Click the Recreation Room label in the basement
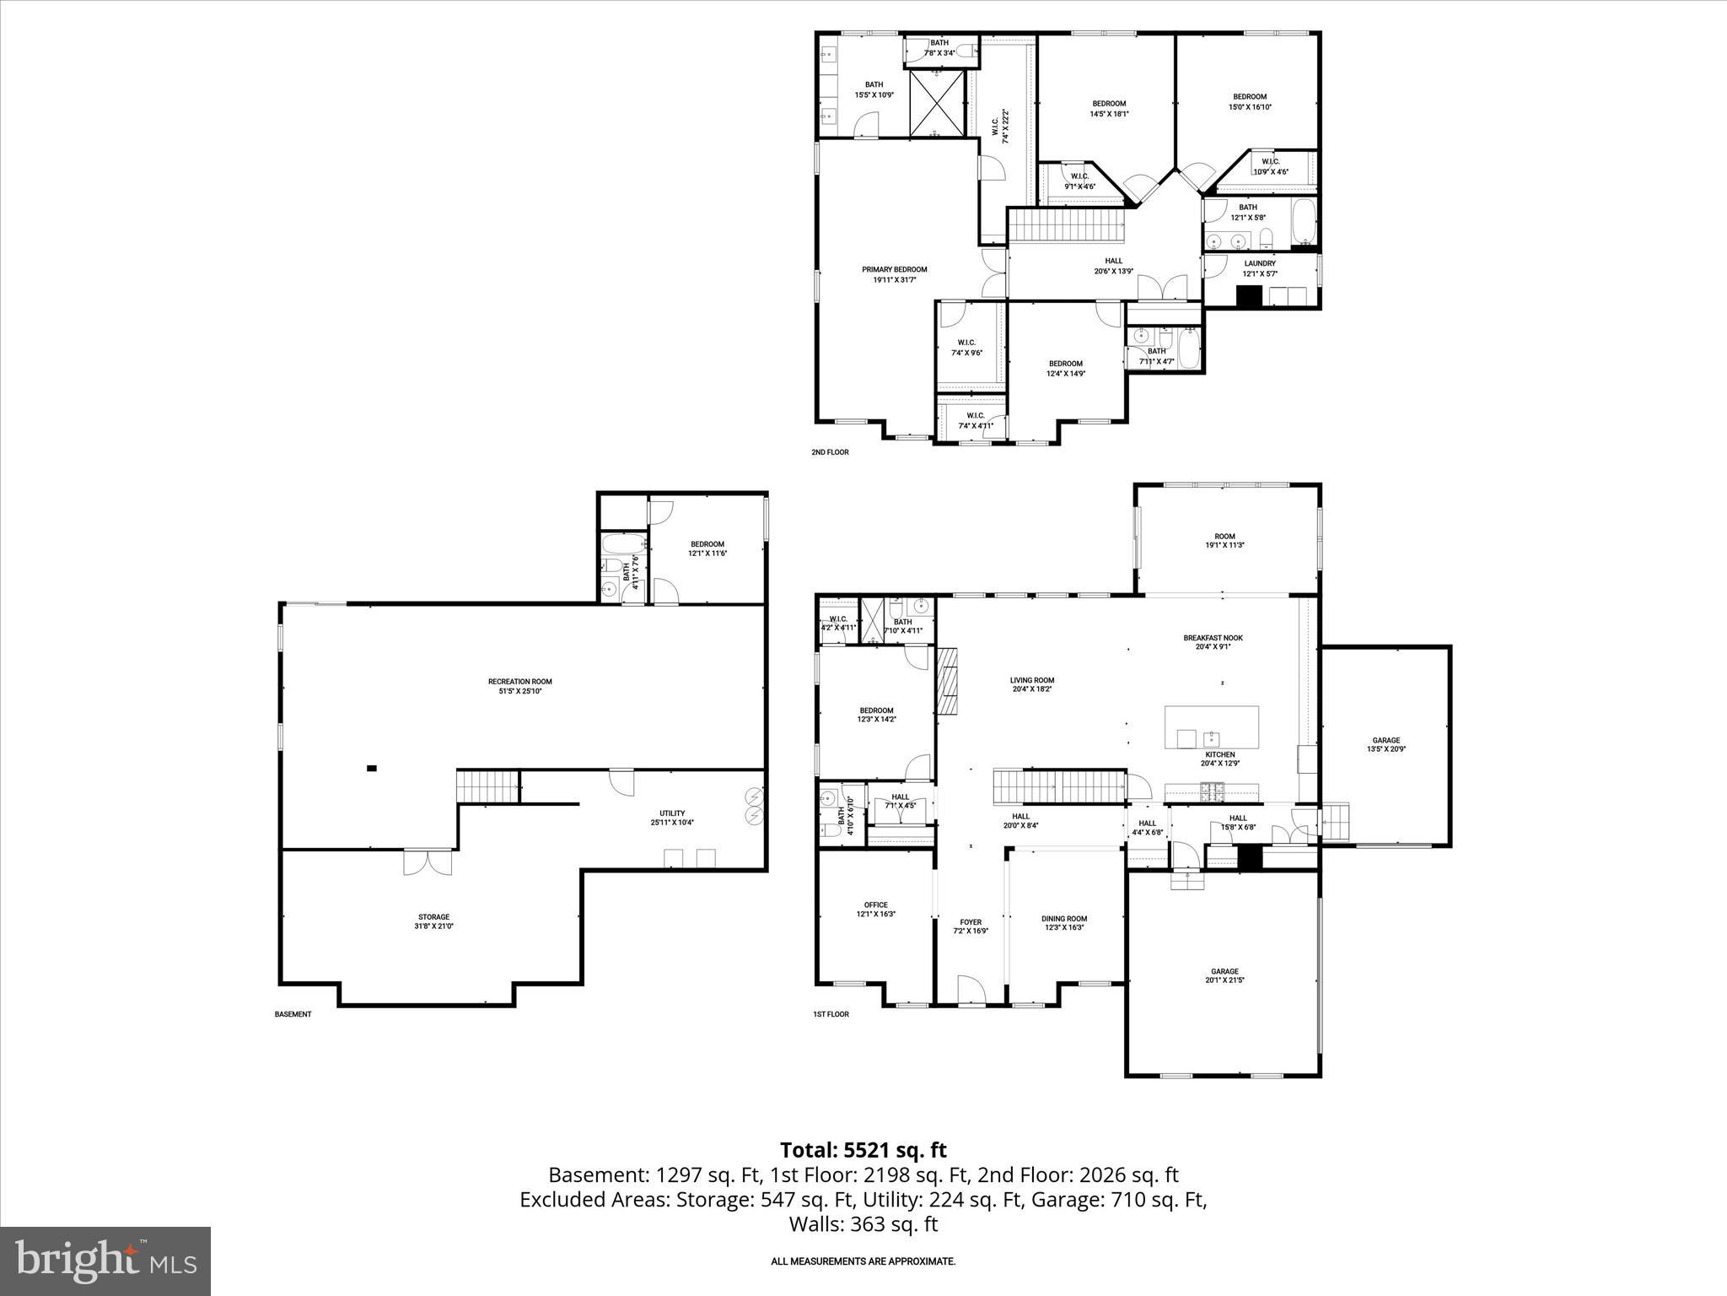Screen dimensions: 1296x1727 pos(519,686)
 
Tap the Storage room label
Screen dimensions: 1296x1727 pos(434,921)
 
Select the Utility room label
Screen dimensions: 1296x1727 pos(672,818)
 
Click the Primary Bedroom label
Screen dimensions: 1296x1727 pos(894,274)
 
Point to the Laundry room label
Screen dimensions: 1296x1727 pos(1260,268)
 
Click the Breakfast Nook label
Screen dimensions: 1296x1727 pos(1213,642)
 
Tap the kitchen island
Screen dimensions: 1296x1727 pos(1211,726)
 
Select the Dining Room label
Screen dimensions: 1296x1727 pos(1064,923)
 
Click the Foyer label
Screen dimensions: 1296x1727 pos(971,926)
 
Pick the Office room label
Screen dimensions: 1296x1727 pos(875,910)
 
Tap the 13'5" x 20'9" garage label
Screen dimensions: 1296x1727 pos(1385,744)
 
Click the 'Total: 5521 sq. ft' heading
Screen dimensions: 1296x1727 pos(863,1150)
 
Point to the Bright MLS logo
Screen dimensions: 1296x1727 pos(105,1261)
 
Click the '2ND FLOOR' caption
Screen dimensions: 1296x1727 pos(830,452)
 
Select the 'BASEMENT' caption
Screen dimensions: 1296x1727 pos(293,1014)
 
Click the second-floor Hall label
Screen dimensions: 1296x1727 pos(1113,266)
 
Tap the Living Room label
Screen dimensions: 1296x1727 pos(1032,684)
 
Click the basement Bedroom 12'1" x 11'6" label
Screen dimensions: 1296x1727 pos(707,548)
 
